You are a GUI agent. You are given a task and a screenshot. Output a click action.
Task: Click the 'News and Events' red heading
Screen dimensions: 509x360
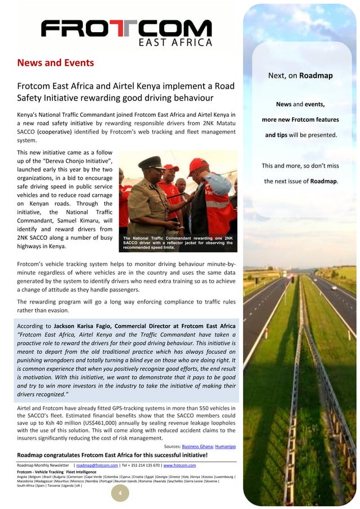tap(55, 63)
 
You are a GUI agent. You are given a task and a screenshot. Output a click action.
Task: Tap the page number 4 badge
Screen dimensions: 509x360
tap(120, 494)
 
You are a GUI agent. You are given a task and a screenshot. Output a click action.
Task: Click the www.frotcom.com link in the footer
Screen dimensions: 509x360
tap(180, 465)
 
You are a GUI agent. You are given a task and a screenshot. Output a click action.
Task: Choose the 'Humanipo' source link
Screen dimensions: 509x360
tap(224, 446)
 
